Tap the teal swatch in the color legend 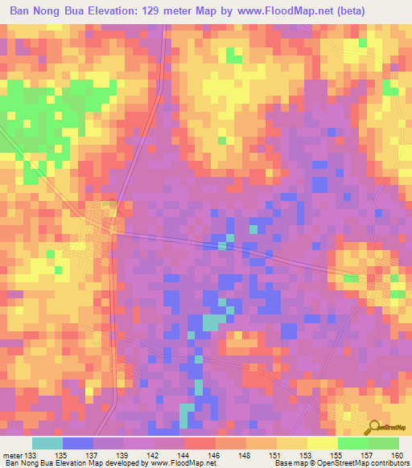(x=47, y=442)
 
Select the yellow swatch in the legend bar (x=291, y=442)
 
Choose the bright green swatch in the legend (x=352, y=442)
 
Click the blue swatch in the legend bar (x=78, y=442)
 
